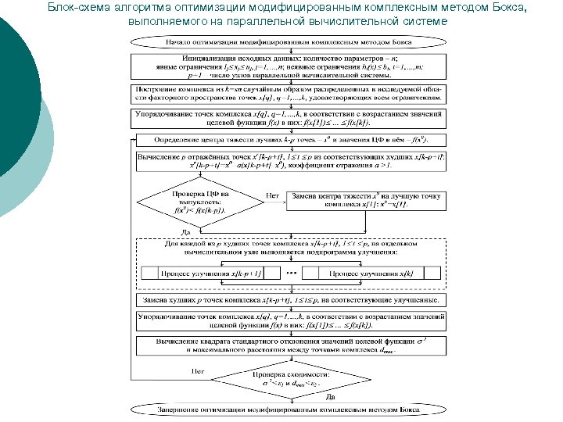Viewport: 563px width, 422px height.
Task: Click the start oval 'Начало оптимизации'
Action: pos(290,40)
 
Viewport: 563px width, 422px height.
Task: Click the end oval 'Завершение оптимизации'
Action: pos(290,409)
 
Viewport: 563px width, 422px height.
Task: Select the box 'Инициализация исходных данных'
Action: pos(290,67)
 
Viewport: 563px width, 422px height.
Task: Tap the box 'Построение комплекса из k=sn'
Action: pos(290,94)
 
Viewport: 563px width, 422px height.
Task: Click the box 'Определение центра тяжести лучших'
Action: pos(290,140)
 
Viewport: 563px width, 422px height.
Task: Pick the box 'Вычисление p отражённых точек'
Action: pos(290,162)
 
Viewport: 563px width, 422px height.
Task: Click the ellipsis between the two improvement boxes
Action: pos(290,273)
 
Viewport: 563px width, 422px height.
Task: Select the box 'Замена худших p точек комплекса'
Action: pos(290,300)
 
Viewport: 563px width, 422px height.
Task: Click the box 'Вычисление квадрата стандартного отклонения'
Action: pos(290,345)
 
